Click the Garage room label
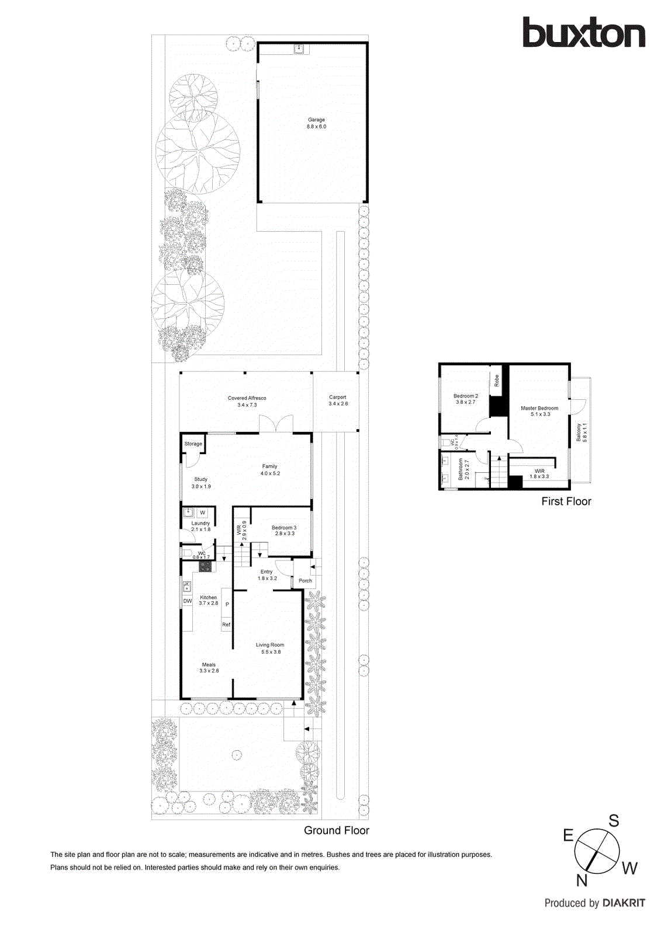(x=316, y=120)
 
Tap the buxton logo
(x=583, y=32)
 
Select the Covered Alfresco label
(x=247, y=398)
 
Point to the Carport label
(x=338, y=397)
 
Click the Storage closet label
(x=193, y=444)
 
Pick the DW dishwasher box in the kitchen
(x=188, y=601)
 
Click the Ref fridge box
(x=226, y=625)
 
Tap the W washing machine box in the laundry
(x=203, y=513)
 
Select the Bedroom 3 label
(x=284, y=528)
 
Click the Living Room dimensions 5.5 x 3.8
(x=271, y=652)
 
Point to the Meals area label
(x=209, y=665)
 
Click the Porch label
(x=305, y=581)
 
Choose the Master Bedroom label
(x=539, y=408)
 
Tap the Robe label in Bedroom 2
(x=497, y=381)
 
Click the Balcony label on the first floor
(x=579, y=433)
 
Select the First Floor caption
(x=566, y=501)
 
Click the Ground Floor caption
(x=336, y=830)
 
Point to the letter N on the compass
(x=582, y=880)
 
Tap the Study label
(x=200, y=479)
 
